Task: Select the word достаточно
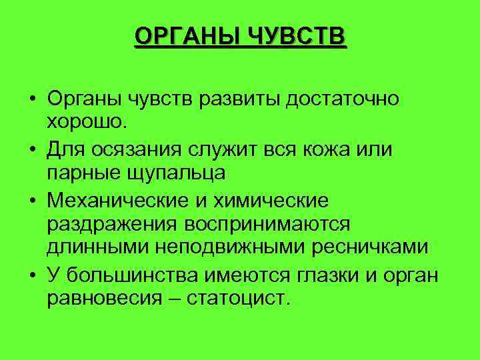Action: (343, 99)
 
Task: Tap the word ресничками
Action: (373, 247)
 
